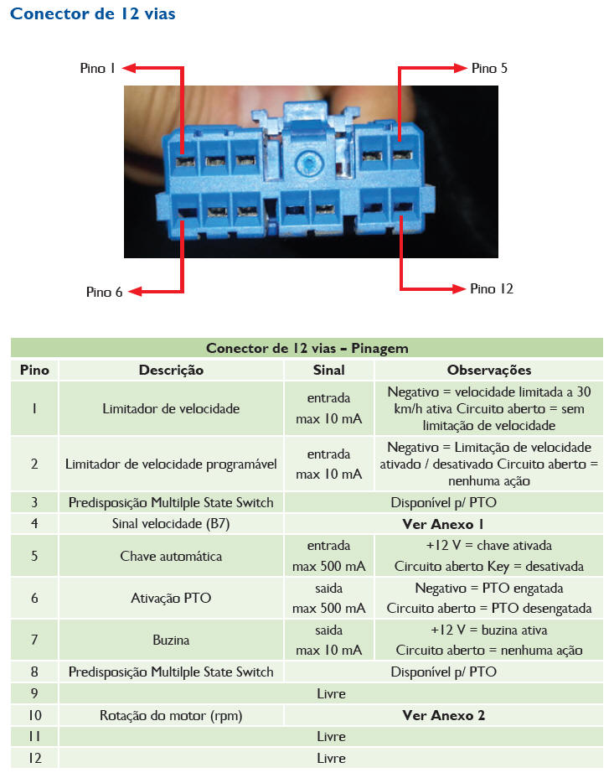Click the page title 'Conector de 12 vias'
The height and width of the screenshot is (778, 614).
tap(93, 14)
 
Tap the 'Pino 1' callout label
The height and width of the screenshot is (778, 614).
tap(98, 69)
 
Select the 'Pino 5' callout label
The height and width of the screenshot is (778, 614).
tap(489, 68)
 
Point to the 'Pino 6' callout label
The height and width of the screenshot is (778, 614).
tap(104, 292)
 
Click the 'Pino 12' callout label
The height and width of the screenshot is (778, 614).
tap(492, 288)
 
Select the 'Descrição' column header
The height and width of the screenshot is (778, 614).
tap(171, 370)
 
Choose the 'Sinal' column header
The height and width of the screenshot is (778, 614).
tap(328, 370)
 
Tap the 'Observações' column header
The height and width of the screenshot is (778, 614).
tap(489, 370)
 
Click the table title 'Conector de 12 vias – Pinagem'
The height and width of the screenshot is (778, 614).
tap(307, 348)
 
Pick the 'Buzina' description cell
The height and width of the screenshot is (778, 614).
tap(171, 640)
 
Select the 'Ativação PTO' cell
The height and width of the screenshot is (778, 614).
tap(171, 598)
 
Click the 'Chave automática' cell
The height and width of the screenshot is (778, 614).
tap(171, 556)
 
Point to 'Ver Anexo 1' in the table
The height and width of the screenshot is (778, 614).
tap(443, 524)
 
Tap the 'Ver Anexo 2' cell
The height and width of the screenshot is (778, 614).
tap(443, 715)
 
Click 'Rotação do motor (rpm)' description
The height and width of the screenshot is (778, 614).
tap(171, 715)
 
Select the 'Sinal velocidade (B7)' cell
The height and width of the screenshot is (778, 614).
tap(171, 524)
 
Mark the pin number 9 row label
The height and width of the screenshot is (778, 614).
tap(34, 693)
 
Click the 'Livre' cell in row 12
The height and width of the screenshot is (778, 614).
tap(331, 758)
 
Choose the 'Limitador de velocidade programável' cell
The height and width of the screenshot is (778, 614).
tap(171, 464)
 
